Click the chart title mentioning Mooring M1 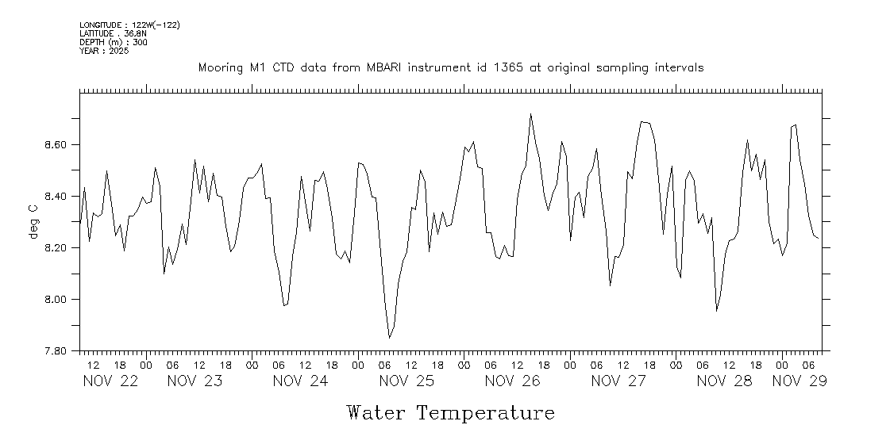pos(450,68)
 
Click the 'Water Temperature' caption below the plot pos(450,413)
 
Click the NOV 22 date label pos(110,381)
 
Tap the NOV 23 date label pos(195,381)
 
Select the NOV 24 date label pos(300,381)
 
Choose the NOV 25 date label pos(406,381)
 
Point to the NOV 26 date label pos(512,381)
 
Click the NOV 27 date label pos(618,381)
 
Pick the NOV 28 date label pos(724,381)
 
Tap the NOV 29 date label pos(799,381)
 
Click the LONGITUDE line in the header pos(129,25)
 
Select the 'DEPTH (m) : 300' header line pos(113,42)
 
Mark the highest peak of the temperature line pos(530,113)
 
